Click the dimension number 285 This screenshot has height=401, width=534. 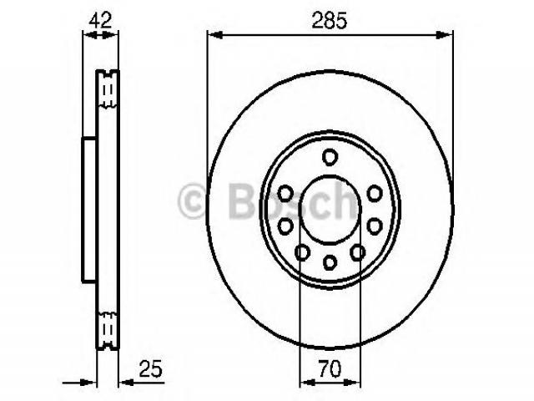point(330,20)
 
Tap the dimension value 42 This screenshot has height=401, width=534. point(100,20)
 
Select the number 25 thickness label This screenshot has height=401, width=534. point(150,368)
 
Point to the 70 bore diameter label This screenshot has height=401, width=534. point(330,368)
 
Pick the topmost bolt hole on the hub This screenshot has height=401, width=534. point(330,157)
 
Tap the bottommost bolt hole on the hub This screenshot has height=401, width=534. point(330,261)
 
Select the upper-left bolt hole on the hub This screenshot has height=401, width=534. point(285,193)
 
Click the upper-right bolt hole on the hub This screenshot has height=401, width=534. point(375,193)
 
